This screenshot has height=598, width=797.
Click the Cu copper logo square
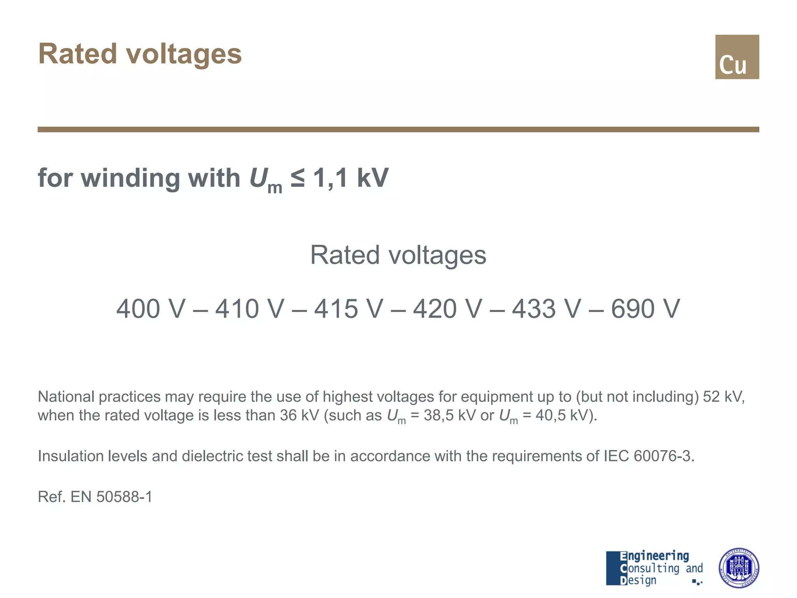(737, 57)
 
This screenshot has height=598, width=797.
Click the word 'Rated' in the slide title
(77, 54)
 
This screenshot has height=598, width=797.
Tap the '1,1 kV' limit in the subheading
(351, 178)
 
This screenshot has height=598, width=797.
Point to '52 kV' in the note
(723, 397)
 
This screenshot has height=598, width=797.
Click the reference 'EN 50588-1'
(111, 497)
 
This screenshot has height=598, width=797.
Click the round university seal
(738, 568)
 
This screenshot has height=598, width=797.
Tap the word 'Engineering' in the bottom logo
(654, 556)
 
